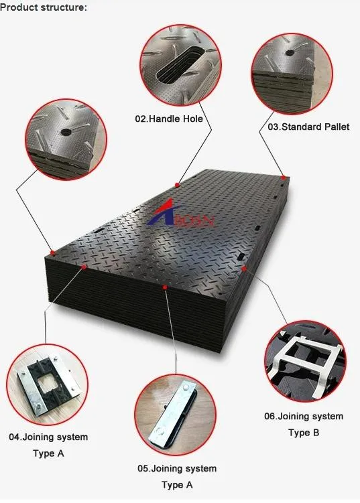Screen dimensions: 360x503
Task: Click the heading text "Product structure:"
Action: [44, 7]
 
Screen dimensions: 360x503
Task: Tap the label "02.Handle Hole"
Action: [169, 119]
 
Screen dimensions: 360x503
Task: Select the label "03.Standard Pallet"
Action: [308, 127]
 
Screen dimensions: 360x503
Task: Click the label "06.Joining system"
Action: [304, 417]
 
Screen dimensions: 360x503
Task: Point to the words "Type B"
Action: [304, 433]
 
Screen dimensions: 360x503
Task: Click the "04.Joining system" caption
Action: [48, 437]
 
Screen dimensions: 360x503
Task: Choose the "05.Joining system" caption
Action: [177, 469]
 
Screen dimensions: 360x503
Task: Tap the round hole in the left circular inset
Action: [66, 132]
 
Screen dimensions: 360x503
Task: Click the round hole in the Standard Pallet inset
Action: [290, 53]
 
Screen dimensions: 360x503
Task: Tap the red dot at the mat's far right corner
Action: [284, 177]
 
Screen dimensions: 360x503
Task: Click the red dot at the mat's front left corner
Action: [52, 253]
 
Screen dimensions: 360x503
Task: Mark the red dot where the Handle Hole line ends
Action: [177, 185]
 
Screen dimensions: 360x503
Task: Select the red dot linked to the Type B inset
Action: [244, 269]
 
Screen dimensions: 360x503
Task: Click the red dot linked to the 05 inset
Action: [165, 287]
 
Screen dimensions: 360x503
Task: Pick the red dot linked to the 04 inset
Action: [84, 267]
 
